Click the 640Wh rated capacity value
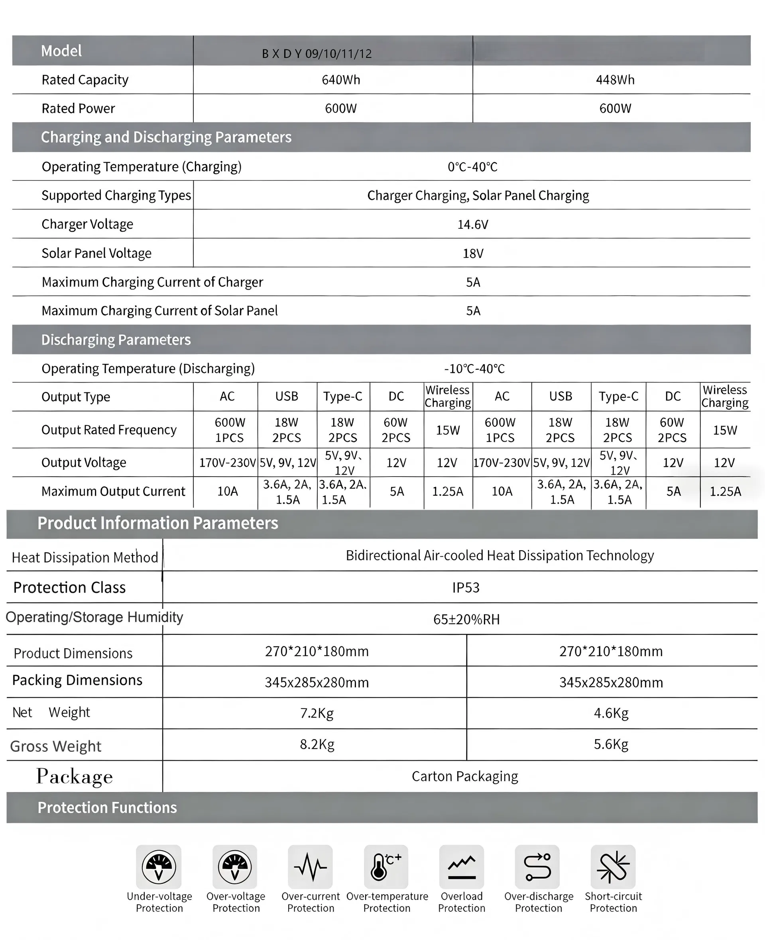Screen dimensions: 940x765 pyautogui.click(x=340, y=80)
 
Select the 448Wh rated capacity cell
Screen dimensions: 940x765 pyautogui.click(x=615, y=80)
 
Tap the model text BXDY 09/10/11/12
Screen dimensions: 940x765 pyautogui.click(x=317, y=54)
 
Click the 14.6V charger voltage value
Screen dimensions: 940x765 pyautogui.click(x=472, y=225)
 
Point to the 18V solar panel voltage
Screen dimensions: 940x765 pyautogui.click(x=473, y=253)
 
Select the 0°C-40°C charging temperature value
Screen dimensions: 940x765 pyautogui.click(x=472, y=167)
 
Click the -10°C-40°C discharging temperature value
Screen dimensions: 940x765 pyautogui.click(x=474, y=369)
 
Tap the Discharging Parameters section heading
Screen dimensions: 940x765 pyautogui.click(x=116, y=339)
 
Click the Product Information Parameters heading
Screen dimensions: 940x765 pyautogui.click(x=158, y=523)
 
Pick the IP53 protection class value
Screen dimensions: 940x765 pyautogui.click(x=465, y=587)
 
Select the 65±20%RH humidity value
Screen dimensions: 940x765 pyautogui.click(x=466, y=619)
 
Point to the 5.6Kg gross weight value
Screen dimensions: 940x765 pyautogui.click(x=611, y=744)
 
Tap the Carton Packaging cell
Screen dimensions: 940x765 pyautogui.click(x=464, y=776)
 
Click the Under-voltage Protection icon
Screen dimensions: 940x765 pyautogui.click(x=159, y=866)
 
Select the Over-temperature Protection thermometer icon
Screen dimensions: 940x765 pyautogui.click(x=386, y=866)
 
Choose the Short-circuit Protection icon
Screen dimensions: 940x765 pyautogui.click(x=613, y=866)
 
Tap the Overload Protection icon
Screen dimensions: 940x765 pyautogui.click(x=461, y=866)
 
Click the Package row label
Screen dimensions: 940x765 pyautogui.click(x=75, y=776)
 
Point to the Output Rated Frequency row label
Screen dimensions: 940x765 pyautogui.click(x=109, y=430)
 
